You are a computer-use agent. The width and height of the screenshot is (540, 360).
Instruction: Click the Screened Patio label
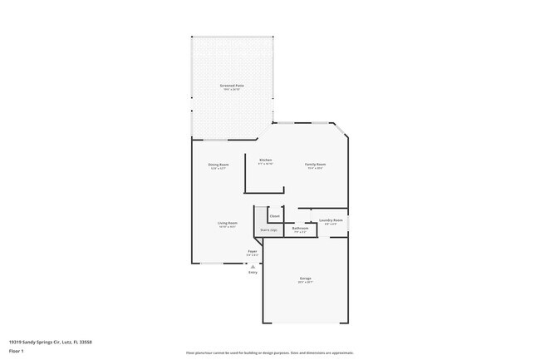click(x=232, y=86)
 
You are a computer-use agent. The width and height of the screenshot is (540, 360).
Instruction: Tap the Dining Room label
click(x=218, y=165)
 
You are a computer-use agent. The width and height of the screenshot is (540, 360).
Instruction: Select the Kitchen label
click(x=266, y=160)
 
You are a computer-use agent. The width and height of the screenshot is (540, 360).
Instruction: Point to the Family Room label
click(x=315, y=165)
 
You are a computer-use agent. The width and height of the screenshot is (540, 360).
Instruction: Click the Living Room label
click(x=228, y=223)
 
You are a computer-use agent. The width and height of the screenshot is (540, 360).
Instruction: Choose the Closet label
click(x=274, y=216)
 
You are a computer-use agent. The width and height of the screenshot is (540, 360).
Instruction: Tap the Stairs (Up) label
click(x=268, y=229)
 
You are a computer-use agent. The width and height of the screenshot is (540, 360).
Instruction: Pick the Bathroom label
click(x=301, y=228)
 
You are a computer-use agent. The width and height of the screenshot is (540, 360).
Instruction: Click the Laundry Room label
click(x=331, y=220)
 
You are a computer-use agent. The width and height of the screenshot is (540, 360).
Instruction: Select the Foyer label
click(x=253, y=250)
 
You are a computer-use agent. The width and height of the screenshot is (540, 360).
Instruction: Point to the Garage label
click(x=305, y=278)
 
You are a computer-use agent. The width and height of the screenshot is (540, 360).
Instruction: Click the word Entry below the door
click(x=253, y=272)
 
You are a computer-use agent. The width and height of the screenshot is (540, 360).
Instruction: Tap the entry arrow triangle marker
click(x=253, y=265)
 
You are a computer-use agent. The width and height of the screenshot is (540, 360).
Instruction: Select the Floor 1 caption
click(x=17, y=351)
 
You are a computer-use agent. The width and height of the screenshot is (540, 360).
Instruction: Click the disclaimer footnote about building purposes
click(x=269, y=353)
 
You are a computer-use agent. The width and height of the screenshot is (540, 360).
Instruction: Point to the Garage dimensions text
click(x=305, y=283)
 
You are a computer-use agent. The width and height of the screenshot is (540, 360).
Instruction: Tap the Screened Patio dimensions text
click(x=232, y=90)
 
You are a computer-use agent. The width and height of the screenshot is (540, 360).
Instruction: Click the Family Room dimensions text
click(x=315, y=169)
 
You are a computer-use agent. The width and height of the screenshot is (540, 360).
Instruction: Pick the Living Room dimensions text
click(x=228, y=227)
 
